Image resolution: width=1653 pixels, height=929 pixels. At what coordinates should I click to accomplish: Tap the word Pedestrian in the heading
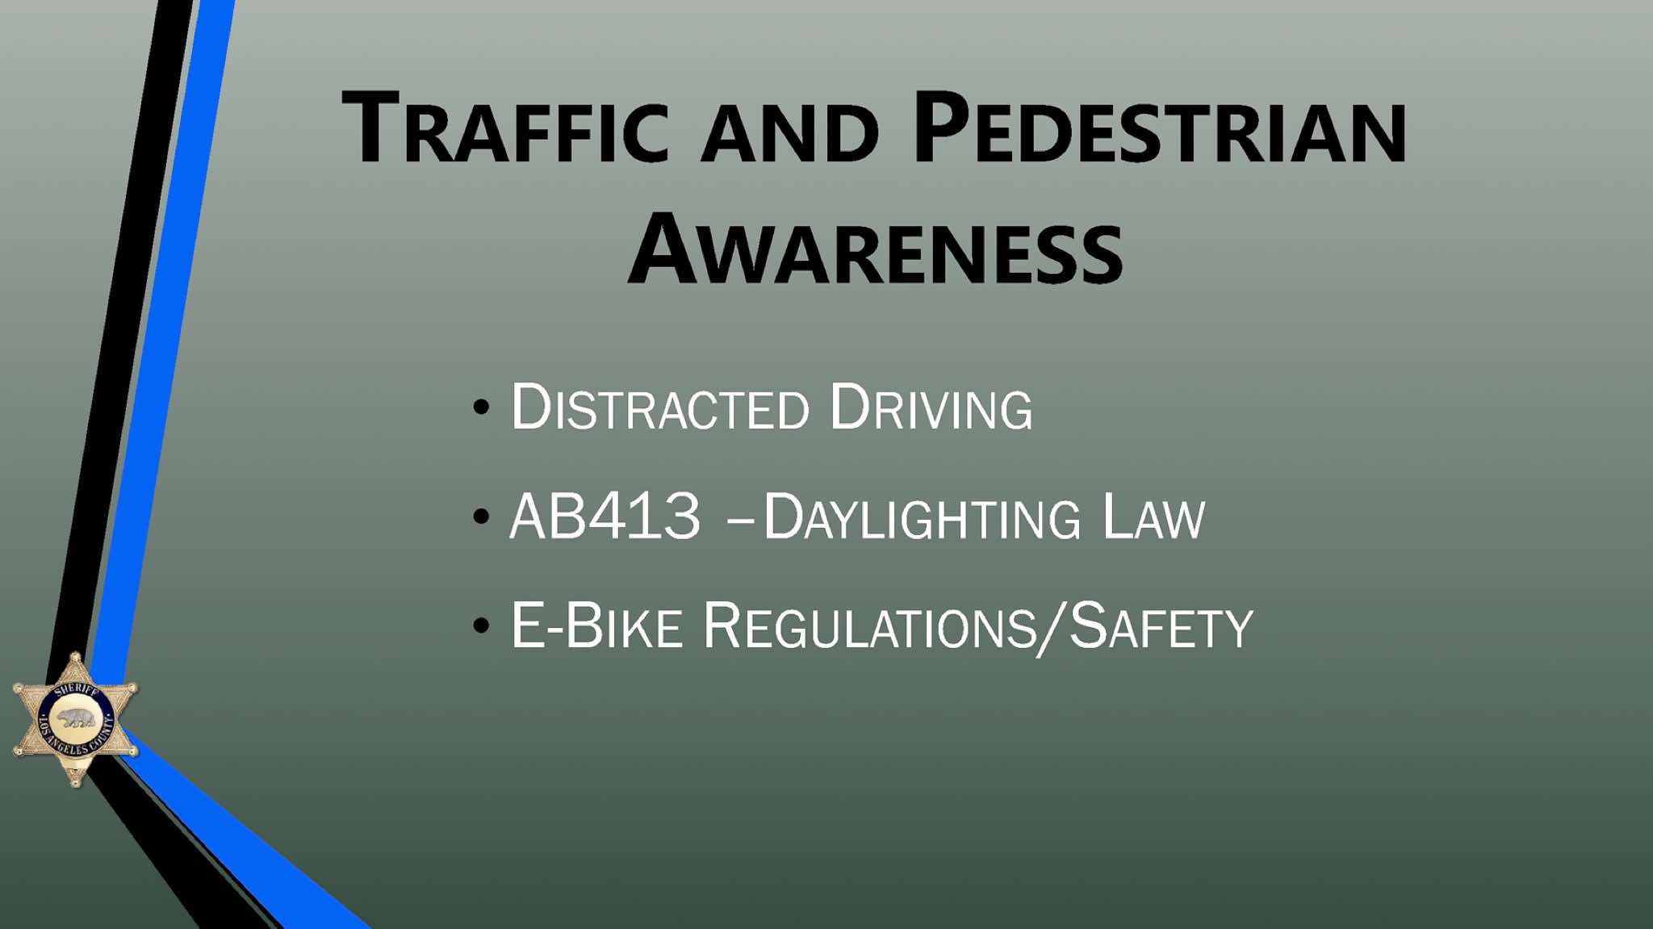(x=1160, y=128)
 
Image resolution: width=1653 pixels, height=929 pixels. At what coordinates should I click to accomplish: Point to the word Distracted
(x=659, y=408)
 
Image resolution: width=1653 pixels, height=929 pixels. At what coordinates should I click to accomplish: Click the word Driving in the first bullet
(x=931, y=408)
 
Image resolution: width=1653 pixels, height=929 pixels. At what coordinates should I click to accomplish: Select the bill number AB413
(x=605, y=516)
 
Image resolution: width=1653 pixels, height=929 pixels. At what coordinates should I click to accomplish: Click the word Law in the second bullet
(x=1153, y=516)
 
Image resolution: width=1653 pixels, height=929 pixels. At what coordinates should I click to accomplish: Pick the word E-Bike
(x=596, y=625)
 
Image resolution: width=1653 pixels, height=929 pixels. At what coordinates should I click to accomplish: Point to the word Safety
(x=1161, y=625)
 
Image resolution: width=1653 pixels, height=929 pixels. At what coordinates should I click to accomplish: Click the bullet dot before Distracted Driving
(x=482, y=407)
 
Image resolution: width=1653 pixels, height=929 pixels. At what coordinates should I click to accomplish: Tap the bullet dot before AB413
(x=482, y=516)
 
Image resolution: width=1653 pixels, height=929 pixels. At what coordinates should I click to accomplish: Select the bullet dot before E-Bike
(x=482, y=625)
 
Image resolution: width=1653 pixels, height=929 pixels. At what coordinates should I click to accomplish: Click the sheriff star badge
(x=75, y=719)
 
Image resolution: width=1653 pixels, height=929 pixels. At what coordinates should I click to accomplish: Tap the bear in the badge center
(x=76, y=718)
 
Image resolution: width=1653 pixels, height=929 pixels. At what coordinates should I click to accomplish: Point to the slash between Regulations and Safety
(x=1052, y=628)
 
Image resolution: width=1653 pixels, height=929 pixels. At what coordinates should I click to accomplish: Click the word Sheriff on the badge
(x=77, y=690)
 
